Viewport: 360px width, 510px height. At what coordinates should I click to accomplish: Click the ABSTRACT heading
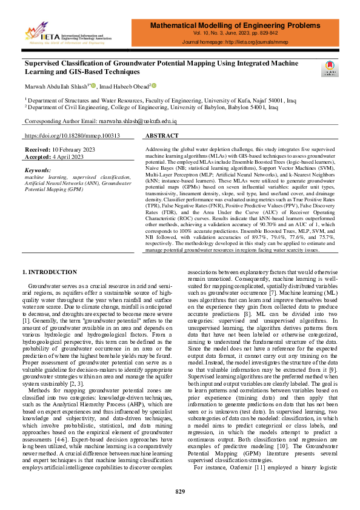[162, 136]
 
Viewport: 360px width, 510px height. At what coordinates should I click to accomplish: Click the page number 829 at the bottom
[180, 491]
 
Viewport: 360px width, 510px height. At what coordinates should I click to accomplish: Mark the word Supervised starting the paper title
[42, 62]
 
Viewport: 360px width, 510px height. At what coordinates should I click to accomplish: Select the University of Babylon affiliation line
[151, 106]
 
